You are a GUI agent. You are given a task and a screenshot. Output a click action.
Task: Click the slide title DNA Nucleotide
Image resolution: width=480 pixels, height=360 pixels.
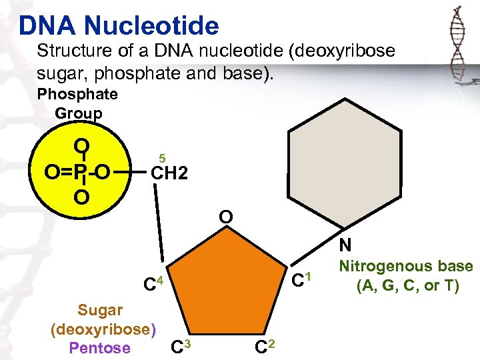(119, 25)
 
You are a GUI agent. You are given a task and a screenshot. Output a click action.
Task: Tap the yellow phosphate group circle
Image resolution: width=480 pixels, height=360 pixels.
(57, 150)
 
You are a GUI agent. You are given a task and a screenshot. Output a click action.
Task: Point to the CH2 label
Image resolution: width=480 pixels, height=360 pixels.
(169, 174)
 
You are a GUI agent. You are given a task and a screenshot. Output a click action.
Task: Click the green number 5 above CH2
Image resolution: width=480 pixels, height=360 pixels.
(161, 158)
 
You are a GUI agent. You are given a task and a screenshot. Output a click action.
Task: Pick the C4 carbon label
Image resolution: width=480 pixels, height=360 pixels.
(154, 285)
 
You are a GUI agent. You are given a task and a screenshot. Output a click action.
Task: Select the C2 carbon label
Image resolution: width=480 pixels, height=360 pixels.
(266, 347)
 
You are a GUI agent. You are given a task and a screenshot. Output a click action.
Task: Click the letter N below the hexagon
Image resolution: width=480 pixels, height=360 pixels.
(345, 245)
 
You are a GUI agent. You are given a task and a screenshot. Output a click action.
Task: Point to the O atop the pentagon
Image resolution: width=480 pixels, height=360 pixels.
(226, 217)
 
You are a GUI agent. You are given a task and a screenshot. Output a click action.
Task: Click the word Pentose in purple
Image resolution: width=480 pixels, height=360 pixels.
(99, 347)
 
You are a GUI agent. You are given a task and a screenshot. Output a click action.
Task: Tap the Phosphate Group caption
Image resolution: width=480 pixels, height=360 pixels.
(78, 104)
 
